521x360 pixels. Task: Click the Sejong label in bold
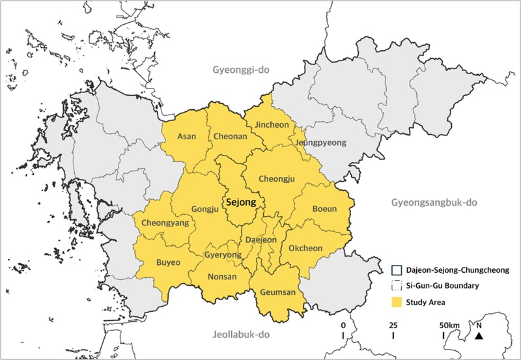pos(240,202)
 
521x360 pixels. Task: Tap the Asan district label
pos(187,135)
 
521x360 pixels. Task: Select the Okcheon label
pos(305,248)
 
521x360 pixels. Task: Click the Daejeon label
pos(260,240)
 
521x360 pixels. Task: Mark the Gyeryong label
pos(223,255)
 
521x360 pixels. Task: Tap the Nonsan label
pos(221,276)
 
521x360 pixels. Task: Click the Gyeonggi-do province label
pos(240,70)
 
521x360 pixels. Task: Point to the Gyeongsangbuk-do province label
pos(434,202)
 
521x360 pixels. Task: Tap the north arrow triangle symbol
pos(479,336)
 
